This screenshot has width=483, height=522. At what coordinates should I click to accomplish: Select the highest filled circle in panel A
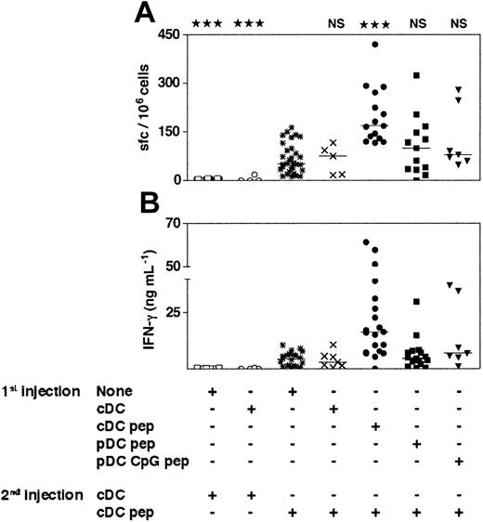[374, 45]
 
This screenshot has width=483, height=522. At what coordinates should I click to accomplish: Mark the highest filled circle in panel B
[366, 242]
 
